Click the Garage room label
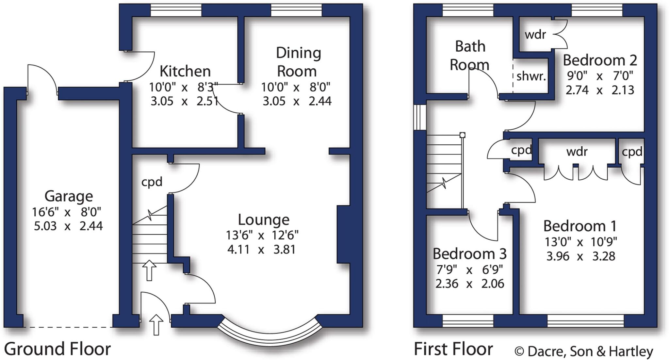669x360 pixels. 69,196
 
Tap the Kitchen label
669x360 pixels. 185,71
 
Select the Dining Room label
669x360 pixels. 298,62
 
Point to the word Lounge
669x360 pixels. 263,220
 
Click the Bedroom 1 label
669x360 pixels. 580,226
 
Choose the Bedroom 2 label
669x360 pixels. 600,60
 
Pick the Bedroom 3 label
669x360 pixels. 469,254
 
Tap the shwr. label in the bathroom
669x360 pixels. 531,76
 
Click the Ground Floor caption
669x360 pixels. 57,349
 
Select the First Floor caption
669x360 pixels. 453,349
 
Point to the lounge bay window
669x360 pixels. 270,336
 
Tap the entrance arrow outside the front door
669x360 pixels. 156,324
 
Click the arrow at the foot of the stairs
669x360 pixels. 149,270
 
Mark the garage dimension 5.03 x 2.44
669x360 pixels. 68,226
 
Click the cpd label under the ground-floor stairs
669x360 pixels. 152,182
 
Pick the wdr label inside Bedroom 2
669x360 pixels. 535,35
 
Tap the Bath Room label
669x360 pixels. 470,56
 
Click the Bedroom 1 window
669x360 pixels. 585,320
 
